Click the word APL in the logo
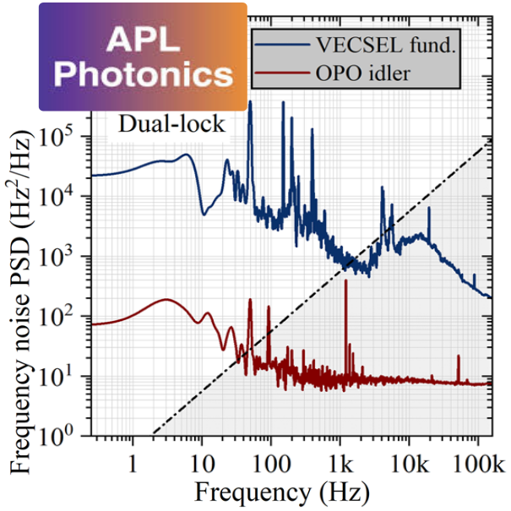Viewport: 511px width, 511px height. pyautogui.click(x=143, y=39)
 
